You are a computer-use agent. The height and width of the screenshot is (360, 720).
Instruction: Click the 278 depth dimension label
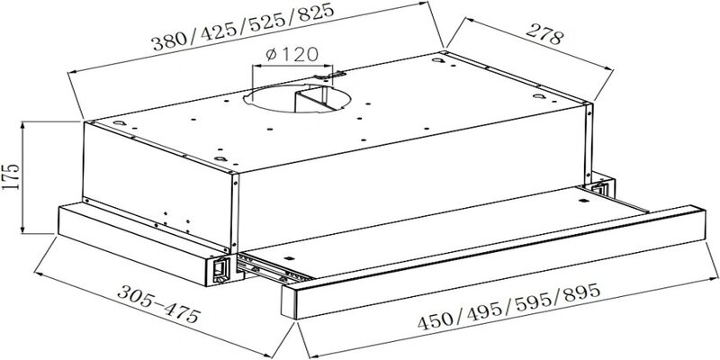(x=544, y=34)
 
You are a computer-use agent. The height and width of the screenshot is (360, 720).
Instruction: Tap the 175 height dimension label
(x=11, y=176)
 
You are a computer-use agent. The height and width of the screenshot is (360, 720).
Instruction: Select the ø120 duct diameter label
(x=292, y=54)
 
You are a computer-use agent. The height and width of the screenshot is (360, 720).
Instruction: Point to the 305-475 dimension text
(x=159, y=303)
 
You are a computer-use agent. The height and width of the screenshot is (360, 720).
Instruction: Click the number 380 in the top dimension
(x=170, y=40)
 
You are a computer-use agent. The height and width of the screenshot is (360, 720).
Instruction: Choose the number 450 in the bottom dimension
(x=436, y=319)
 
